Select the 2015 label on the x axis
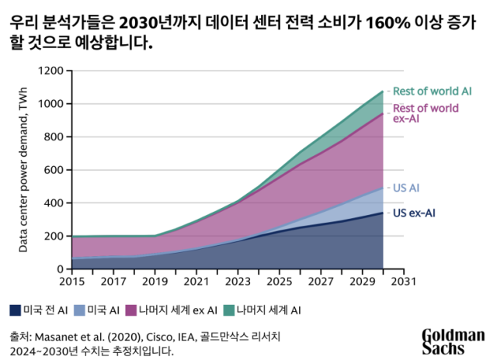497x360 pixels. (x=71, y=282)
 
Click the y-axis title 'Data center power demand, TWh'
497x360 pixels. (x=23, y=169)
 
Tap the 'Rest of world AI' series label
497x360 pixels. (x=433, y=92)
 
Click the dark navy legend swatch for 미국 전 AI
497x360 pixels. (x=16, y=310)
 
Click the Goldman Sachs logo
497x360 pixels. (x=454, y=340)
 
